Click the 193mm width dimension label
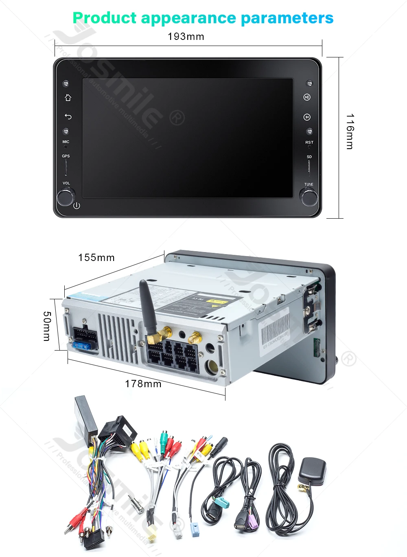pos(186,37)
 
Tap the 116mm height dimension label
pos(350,132)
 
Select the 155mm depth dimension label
pos(96,258)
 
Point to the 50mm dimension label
pos(47,326)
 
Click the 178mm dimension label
pos(143,384)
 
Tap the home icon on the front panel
pos(68,98)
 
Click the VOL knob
pos(65,197)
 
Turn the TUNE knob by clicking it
pos(309,197)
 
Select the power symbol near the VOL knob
pos(77,206)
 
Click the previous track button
pos(307,97)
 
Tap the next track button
pos(307,117)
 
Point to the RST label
pos(309,143)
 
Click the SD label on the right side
pos(309,157)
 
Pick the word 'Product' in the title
pos(105,18)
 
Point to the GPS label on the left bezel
pos(66,156)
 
